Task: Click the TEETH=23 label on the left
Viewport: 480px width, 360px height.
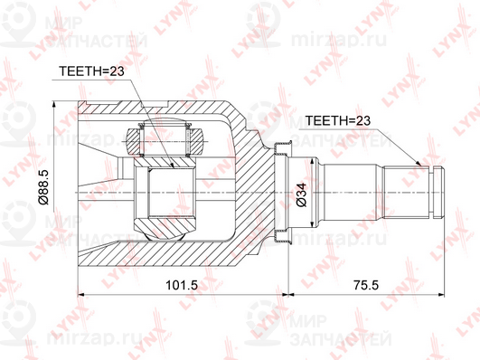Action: [92, 71]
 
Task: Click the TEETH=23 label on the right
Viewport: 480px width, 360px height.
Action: [338, 120]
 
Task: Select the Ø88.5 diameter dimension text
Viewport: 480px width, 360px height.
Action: [43, 187]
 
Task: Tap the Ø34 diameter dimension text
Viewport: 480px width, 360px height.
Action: [301, 194]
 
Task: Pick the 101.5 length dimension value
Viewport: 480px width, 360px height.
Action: [182, 285]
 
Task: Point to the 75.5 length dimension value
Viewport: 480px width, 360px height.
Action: [366, 285]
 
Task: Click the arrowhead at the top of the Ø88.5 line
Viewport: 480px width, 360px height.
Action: [54, 104]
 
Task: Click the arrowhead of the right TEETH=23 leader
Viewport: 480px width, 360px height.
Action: [419, 163]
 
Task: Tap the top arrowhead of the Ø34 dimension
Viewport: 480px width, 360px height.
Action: [312, 162]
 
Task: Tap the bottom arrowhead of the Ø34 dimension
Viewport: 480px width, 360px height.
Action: [312, 225]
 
